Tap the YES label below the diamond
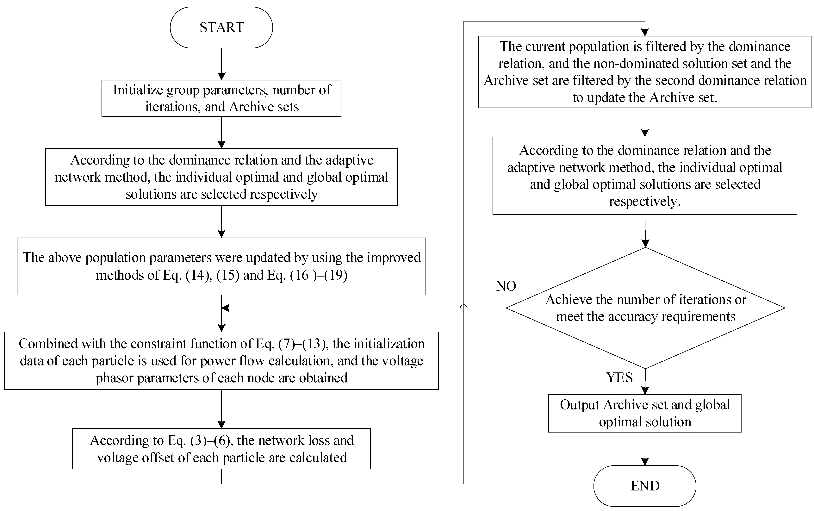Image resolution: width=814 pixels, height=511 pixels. click(619, 377)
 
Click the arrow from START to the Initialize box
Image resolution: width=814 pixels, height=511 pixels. click(221, 64)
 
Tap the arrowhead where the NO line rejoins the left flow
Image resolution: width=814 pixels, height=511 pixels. click(225, 308)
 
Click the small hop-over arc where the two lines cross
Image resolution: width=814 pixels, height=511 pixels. click(464, 306)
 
